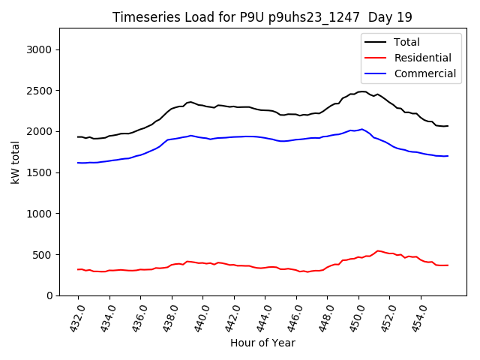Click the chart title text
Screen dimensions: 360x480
click(262, 17)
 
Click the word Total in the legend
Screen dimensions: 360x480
click(407, 42)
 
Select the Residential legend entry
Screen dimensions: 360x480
click(422, 58)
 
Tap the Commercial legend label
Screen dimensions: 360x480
click(424, 73)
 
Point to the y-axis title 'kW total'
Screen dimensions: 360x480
click(15, 162)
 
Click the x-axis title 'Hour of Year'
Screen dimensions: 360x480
click(262, 343)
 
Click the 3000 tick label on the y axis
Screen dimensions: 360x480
click(38, 49)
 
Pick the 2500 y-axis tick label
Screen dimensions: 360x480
click(38, 91)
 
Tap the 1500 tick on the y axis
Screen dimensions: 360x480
click(38, 172)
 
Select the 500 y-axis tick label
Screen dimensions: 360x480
click(41, 254)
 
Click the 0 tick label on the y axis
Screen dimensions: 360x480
click(47, 295)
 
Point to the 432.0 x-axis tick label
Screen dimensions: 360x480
click(78, 317)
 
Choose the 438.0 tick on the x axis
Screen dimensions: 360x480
click(171, 317)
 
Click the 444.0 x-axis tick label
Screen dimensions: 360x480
click(264, 317)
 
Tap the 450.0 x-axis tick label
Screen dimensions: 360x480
click(357, 317)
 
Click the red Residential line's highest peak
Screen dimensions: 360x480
click(379, 250)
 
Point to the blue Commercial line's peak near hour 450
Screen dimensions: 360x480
click(362, 129)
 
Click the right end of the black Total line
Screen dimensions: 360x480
click(448, 126)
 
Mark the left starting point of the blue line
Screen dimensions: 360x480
click(78, 163)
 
